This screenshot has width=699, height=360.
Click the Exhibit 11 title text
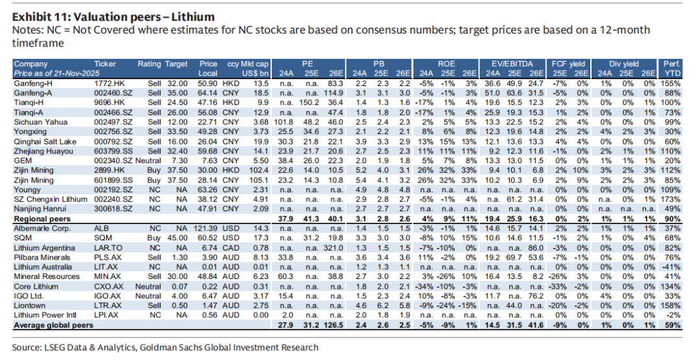pos(114,16)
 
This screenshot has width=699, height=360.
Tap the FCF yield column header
pos(569,64)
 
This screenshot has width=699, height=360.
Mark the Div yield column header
pos(624,64)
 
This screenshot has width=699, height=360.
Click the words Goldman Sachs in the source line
pos(193,347)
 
